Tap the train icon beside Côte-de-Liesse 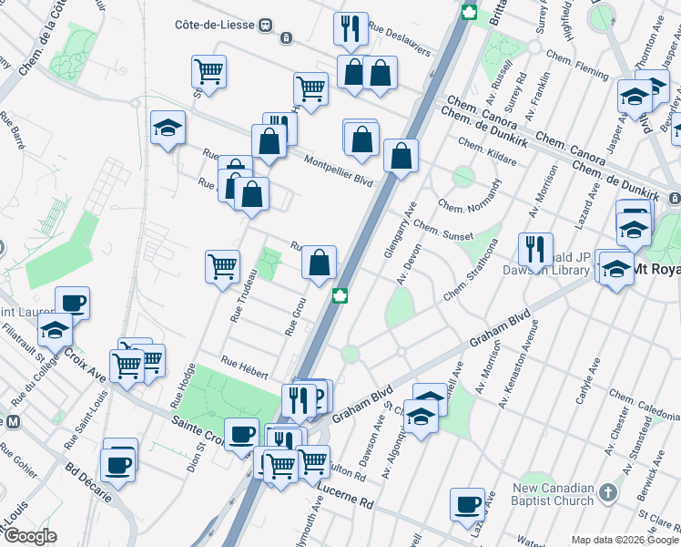(266, 25)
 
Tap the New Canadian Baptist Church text (554, 493)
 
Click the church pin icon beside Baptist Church (609, 493)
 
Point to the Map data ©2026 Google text (625, 540)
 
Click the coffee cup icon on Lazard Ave (468, 503)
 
